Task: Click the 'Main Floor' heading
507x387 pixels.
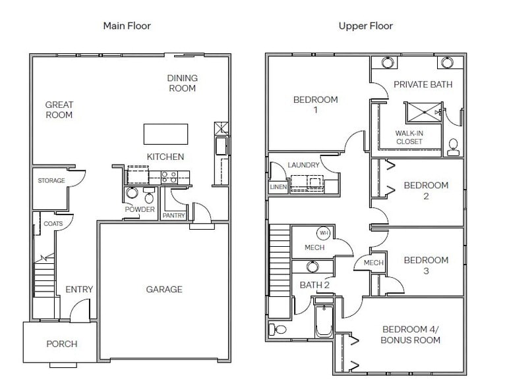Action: (x=127, y=26)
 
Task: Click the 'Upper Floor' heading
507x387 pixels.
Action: (x=366, y=26)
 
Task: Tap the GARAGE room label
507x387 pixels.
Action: (x=164, y=289)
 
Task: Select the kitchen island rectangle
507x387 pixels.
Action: (x=165, y=134)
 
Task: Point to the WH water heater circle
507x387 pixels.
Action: (x=324, y=233)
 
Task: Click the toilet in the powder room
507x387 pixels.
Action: (x=149, y=195)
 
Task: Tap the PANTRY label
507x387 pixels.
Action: (x=173, y=215)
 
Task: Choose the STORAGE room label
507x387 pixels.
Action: (x=51, y=180)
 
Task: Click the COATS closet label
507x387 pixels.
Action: (x=53, y=224)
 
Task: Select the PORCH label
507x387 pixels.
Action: (x=62, y=344)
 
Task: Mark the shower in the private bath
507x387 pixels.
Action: (x=424, y=112)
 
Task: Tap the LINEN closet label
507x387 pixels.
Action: (x=278, y=187)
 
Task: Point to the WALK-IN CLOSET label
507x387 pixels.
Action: (x=409, y=137)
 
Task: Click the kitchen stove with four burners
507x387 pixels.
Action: (x=169, y=177)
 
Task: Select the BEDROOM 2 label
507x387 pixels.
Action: (x=426, y=190)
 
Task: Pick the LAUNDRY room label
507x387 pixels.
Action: (x=303, y=165)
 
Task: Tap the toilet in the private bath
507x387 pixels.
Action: (x=454, y=147)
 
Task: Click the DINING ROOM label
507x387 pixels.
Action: (x=183, y=83)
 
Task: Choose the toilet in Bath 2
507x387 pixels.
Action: (x=278, y=329)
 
